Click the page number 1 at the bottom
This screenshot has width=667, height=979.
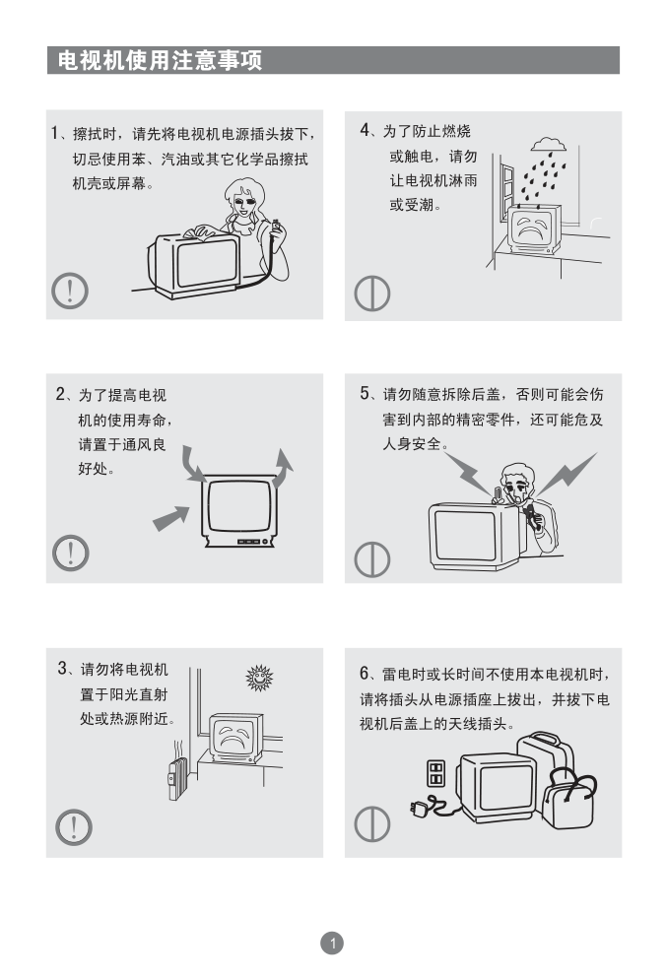[x=332, y=943]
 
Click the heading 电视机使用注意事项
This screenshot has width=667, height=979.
[x=160, y=60]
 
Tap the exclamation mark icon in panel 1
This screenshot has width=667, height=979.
[x=69, y=291]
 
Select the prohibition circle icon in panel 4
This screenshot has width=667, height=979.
[x=372, y=294]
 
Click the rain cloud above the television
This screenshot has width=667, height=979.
[x=549, y=145]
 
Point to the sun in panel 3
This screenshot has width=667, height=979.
[x=259, y=678]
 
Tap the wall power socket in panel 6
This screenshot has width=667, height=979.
[x=435, y=773]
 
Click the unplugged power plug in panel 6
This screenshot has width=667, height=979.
[x=420, y=808]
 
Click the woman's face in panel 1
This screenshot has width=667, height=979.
[x=243, y=203]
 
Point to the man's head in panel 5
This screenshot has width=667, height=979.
[x=517, y=481]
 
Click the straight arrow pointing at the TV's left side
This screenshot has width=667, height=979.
[x=171, y=518]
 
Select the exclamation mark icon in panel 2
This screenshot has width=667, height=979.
[x=71, y=553]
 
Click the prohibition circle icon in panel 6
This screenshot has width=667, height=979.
[x=372, y=823]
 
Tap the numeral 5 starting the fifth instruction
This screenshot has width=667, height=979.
[x=365, y=393]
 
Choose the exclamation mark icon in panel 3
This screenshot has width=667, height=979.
[x=74, y=827]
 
